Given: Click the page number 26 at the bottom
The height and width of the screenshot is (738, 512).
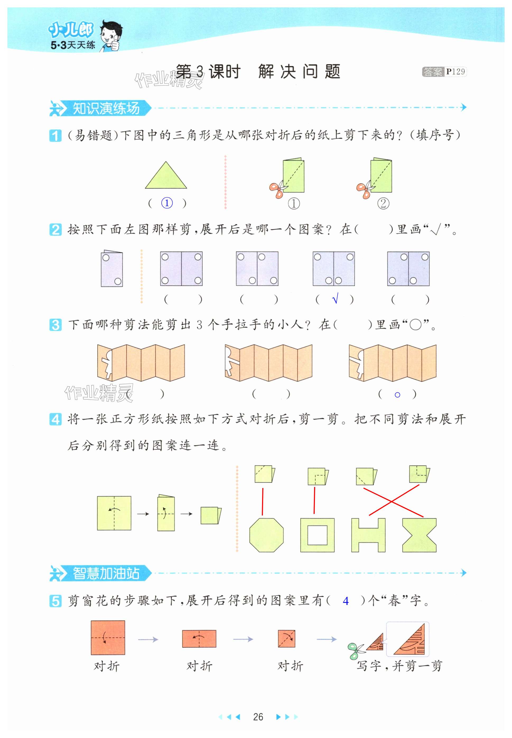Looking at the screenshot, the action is [x=258, y=717].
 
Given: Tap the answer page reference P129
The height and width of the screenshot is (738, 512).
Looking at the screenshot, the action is [x=455, y=72].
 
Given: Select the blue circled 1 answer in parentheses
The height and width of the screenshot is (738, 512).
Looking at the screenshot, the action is [x=167, y=203].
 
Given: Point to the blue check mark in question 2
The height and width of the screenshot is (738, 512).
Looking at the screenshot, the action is [x=335, y=299].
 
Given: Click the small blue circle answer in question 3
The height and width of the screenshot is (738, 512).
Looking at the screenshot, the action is [x=397, y=395].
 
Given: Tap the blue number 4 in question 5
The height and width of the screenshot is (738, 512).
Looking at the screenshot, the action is [x=346, y=601].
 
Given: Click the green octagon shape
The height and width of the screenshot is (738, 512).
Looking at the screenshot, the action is [x=266, y=535].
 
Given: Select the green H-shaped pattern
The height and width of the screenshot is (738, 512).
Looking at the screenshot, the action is [x=368, y=535].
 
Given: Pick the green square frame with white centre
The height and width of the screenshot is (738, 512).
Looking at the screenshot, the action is [x=317, y=535].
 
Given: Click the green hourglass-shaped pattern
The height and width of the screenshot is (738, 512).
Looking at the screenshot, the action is [x=419, y=535].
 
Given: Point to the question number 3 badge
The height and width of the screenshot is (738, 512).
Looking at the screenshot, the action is [x=55, y=325].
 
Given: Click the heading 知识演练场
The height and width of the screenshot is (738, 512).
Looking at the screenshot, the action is [x=106, y=108].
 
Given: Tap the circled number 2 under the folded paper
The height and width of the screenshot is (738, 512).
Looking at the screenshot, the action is [x=383, y=203].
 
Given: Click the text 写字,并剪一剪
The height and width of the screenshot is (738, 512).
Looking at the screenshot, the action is [x=399, y=666].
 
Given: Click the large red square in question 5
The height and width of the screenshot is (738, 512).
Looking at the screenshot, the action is [x=108, y=638].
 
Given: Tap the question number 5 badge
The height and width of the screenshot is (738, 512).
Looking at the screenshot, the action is [x=55, y=601].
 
